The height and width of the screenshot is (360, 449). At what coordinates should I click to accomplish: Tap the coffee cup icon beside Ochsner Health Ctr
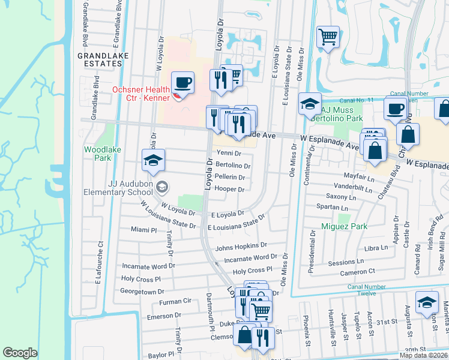(182, 82)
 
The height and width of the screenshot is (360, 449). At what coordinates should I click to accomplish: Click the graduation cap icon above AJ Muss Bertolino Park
(310, 104)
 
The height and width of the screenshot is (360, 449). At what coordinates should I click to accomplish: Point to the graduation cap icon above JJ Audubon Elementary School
(154, 160)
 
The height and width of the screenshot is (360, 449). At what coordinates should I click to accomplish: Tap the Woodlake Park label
(97, 153)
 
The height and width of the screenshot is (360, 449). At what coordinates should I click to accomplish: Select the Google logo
(20, 352)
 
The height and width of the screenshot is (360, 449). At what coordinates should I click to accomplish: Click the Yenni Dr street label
(229, 154)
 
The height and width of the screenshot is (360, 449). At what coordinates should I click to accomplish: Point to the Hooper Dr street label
(229, 189)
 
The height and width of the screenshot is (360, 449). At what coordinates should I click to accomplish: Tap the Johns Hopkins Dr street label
(241, 246)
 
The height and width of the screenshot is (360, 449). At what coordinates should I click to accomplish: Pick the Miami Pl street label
(143, 230)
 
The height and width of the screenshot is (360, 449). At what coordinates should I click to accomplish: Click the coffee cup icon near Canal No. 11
(395, 109)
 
